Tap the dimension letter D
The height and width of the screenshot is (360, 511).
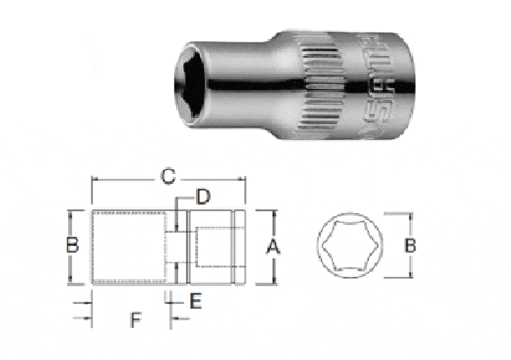coord(203,197)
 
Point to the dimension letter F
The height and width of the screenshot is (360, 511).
coord(134,320)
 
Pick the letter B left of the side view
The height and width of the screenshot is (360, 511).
coord(71,246)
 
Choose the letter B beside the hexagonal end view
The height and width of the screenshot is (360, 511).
coord(410,246)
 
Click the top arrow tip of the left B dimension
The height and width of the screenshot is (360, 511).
coord(70,211)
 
